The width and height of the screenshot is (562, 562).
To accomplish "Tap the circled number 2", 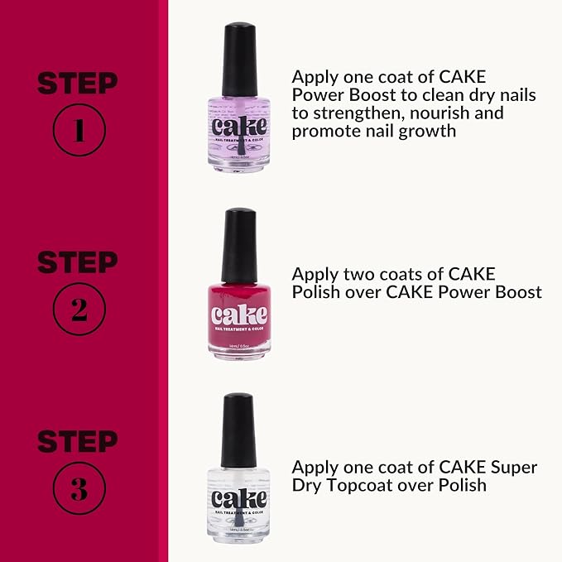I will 78,308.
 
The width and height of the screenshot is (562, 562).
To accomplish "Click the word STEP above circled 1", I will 78,84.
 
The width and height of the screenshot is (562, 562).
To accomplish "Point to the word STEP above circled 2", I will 78,262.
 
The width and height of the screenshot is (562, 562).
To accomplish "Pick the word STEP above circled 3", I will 78,442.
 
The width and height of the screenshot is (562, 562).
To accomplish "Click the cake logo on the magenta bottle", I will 239,315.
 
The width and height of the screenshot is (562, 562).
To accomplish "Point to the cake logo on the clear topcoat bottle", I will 239,499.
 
